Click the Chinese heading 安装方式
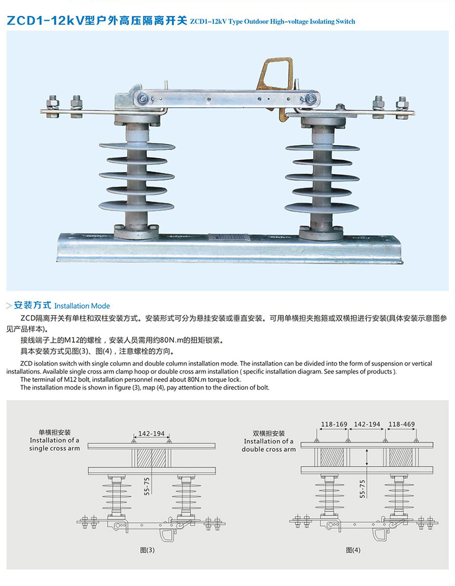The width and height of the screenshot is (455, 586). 32,305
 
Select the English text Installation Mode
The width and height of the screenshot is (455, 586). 82,306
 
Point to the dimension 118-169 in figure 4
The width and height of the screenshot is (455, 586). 334,424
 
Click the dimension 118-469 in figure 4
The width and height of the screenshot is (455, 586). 401,424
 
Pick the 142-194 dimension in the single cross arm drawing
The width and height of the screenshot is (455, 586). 151,434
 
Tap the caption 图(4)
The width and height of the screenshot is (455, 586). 353,550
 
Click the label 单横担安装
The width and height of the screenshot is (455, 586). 55,433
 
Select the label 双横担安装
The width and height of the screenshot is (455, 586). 269,433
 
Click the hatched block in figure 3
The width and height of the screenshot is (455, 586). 151,459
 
